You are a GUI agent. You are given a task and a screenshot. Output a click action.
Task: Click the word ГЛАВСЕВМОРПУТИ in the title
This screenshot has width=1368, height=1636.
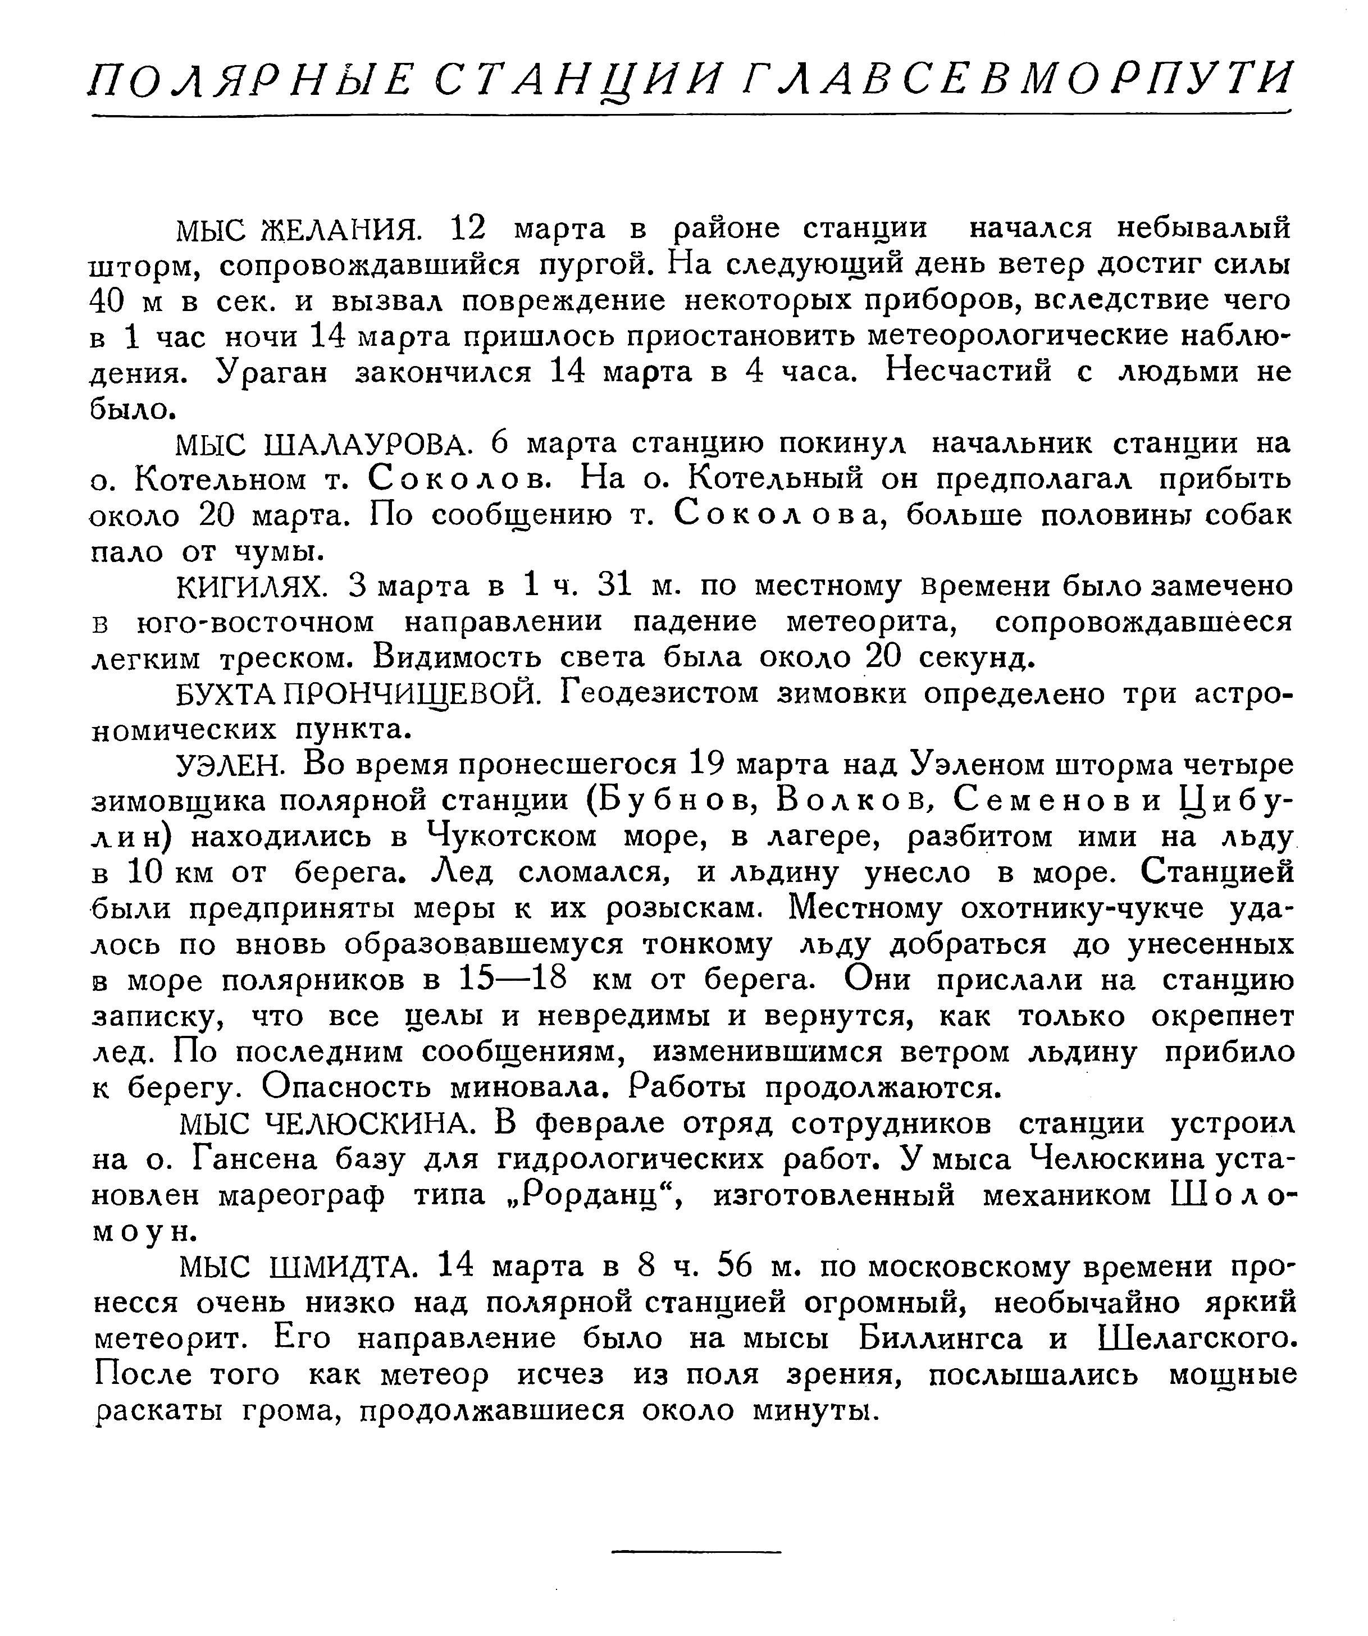(1016, 80)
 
